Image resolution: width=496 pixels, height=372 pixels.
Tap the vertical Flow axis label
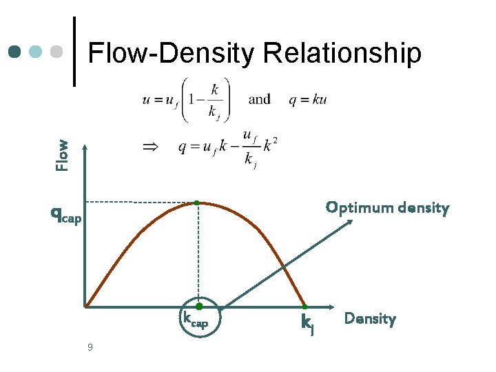[63, 155]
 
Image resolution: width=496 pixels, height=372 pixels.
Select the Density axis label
[370, 319]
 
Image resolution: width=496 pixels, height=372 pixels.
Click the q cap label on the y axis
[66, 215]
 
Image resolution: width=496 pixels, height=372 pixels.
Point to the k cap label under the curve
[195, 320]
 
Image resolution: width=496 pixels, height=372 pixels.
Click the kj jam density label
[308, 322]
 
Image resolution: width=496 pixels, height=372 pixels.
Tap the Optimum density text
[387, 207]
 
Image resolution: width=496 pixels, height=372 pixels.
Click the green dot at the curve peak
[197, 202]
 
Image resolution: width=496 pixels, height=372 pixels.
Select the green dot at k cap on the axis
[198, 306]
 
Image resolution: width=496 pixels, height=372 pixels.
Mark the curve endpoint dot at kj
[304, 307]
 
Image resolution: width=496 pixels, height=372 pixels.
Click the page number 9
[90, 347]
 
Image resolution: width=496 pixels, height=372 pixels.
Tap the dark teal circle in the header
[15, 52]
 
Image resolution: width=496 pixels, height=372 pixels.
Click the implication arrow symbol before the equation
[149, 146]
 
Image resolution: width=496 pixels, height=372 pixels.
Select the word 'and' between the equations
[259, 99]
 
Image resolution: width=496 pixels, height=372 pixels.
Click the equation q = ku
[308, 99]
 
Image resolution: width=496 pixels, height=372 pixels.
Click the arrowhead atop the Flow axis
[85, 148]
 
